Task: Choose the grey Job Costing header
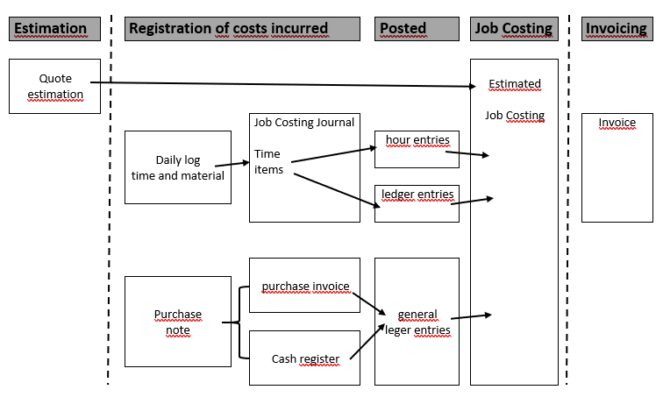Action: pyautogui.click(x=514, y=28)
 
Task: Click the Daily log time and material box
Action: pyautogui.click(x=178, y=167)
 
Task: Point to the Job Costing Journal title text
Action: pyautogui.click(x=304, y=123)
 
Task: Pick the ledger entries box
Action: pyautogui.click(x=417, y=203)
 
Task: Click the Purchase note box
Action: pyautogui.click(x=178, y=322)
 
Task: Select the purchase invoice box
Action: pyautogui.click(x=304, y=286)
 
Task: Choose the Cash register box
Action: pyautogui.click(x=304, y=358)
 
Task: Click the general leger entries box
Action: pyautogui.click(x=417, y=322)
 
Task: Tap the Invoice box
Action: pyautogui.click(x=617, y=167)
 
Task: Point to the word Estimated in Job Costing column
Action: pyautogui.click(x=514, y=84)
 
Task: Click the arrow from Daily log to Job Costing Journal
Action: pyautogui.click(x=232, y=163)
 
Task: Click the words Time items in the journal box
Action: pyautogui.click(x=268, y=162)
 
